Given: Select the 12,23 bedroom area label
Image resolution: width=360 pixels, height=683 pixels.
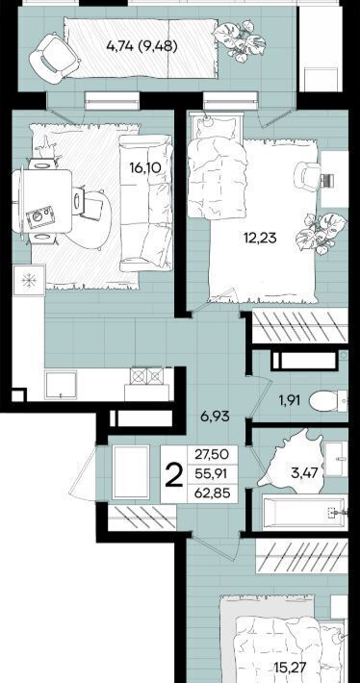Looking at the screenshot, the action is [x=260, y=239].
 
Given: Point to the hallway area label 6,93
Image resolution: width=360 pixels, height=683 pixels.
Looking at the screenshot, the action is [x=215, y=417].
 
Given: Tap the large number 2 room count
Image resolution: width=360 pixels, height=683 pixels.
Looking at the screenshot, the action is [x=174, y=475].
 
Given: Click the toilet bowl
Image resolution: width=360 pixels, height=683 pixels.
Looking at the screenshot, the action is [x=324, y=400].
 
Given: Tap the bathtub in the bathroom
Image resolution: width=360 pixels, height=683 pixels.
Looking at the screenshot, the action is [x=305, y=513].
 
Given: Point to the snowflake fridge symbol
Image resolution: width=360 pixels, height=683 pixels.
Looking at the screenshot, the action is [x=29, y=281].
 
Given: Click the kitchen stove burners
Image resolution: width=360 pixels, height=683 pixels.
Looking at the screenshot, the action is [x=147, y=375].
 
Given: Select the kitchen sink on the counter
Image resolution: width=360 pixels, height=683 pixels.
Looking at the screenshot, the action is [x=61, y=385].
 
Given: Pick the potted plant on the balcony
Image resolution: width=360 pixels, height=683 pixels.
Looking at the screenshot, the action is [x=239, y=40].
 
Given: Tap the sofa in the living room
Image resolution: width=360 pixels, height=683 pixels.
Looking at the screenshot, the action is [x=146, y=203].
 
